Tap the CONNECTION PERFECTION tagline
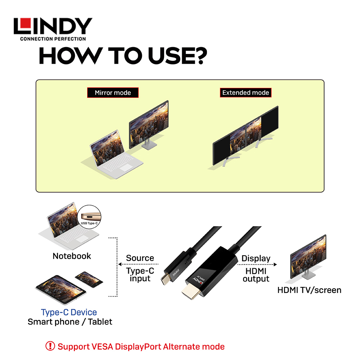pyautogui.click(x=53, y=39)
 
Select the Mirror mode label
pyautogui.click(x=113, y=93)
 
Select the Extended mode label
pyautogui.click(x=246, y=93)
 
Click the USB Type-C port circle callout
pyautogui.click(x=89, y=217)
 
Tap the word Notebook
pyautogui.click(x=72, y=256)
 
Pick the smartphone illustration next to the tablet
pyautogui.click(x=89, y=279)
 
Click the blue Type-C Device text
pyautogui.click(x=69, y=312)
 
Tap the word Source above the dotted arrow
pyautogui.click(x=140, y=258)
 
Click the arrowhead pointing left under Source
pyautogui.click(x=120, y=264)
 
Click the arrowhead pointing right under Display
pyautogui.click(x=275, y=265)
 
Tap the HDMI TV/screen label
pyautogui.click(x=309, y=290)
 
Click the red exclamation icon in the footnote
pyautogui.click(x=50, y=346)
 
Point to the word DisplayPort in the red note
pyautogui.click(x=138, y=347)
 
